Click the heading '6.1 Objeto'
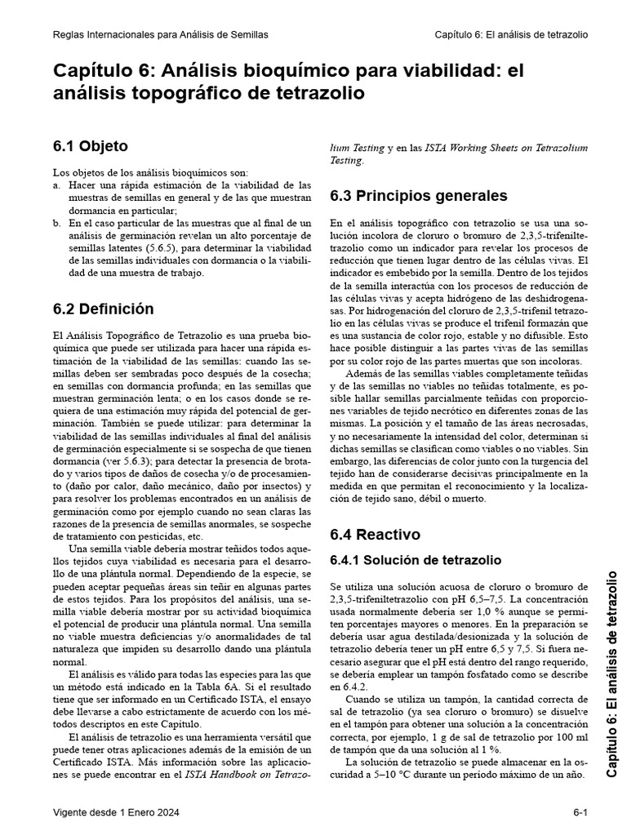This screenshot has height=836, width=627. click(x=91, y=147)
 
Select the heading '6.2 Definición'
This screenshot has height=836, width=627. click(x=103, y=309)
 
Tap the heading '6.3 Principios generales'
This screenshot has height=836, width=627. click(x=418, y=196)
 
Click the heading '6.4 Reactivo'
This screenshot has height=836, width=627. click(x=375, y=535)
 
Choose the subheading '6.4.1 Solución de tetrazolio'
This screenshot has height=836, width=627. click(x=415, y=560)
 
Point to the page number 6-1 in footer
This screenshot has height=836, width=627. click(x=580, y=812)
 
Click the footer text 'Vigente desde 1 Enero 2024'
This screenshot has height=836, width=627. click(x=116, y=812)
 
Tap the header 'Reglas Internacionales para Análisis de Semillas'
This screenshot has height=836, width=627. click(x=160, y=35)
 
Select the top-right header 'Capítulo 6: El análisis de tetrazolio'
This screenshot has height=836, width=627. click(x=511, y=35)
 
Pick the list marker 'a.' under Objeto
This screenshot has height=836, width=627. click(x=57, y=185)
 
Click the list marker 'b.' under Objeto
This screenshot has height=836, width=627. click(x=57, y=222)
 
